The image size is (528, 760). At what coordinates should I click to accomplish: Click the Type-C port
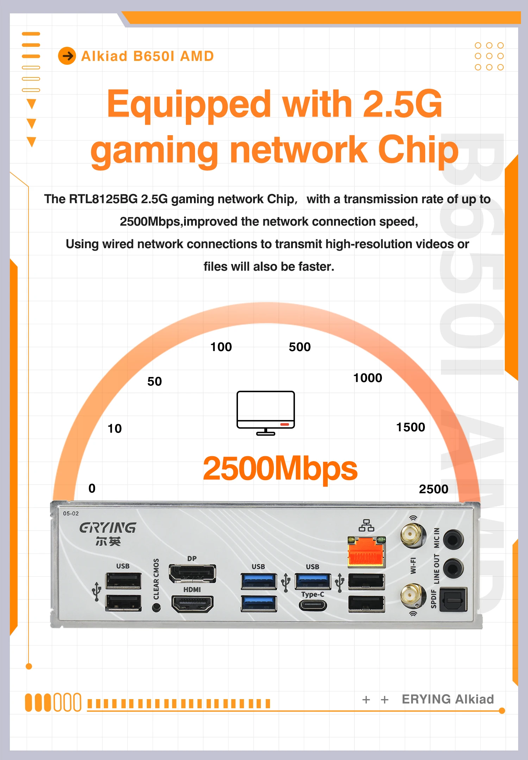313,605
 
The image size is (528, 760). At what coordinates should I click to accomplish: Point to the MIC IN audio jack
453,539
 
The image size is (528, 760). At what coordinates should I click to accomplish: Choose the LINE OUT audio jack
453,567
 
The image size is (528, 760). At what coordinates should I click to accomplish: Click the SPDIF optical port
454,599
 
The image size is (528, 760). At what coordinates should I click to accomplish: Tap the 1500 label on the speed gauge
410,427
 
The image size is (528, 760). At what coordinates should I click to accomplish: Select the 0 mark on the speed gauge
92,488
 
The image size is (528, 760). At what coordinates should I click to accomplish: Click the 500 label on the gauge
300,347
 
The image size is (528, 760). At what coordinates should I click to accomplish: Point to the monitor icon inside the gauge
266,412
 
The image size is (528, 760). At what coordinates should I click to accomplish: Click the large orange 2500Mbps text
280,469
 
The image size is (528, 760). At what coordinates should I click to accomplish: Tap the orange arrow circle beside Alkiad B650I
67,56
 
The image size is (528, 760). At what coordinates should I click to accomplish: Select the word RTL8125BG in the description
103,199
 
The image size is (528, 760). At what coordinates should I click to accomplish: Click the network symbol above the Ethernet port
366,525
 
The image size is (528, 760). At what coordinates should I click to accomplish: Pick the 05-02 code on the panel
71,514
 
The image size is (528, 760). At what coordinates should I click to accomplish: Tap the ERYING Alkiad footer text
448,699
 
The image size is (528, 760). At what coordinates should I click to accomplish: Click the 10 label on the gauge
114,429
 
